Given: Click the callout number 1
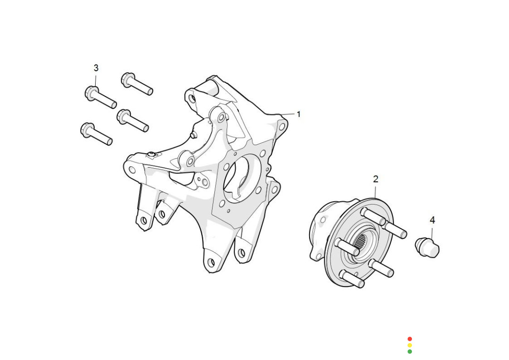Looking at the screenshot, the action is [x=299, y=114].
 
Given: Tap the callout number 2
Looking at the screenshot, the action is [x=376, y=179].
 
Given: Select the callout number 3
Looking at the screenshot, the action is [x=96, y=68].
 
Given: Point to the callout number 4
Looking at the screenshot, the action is [x=432, y=220].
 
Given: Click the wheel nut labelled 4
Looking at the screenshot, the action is [x=427, y=247].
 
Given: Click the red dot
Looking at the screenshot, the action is [x=410, y=339].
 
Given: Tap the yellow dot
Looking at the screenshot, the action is [x=410, y=345].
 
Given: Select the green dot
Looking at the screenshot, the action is [x=410, y=351].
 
